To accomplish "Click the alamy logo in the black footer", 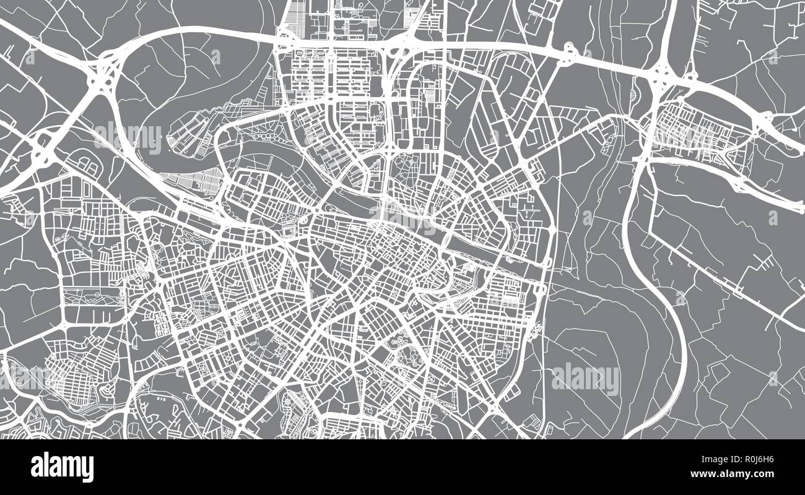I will tap(62, 467).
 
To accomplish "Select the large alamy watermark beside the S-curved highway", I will tap(585, 379).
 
